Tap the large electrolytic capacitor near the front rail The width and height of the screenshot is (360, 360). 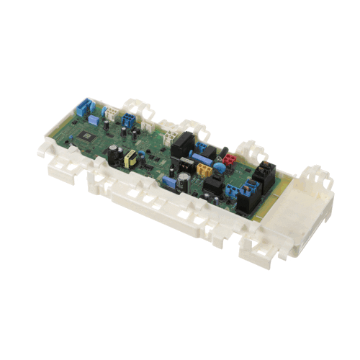[186, 181]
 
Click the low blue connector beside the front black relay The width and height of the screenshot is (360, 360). [235, 190]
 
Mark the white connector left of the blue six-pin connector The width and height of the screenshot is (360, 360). [111, 112]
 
